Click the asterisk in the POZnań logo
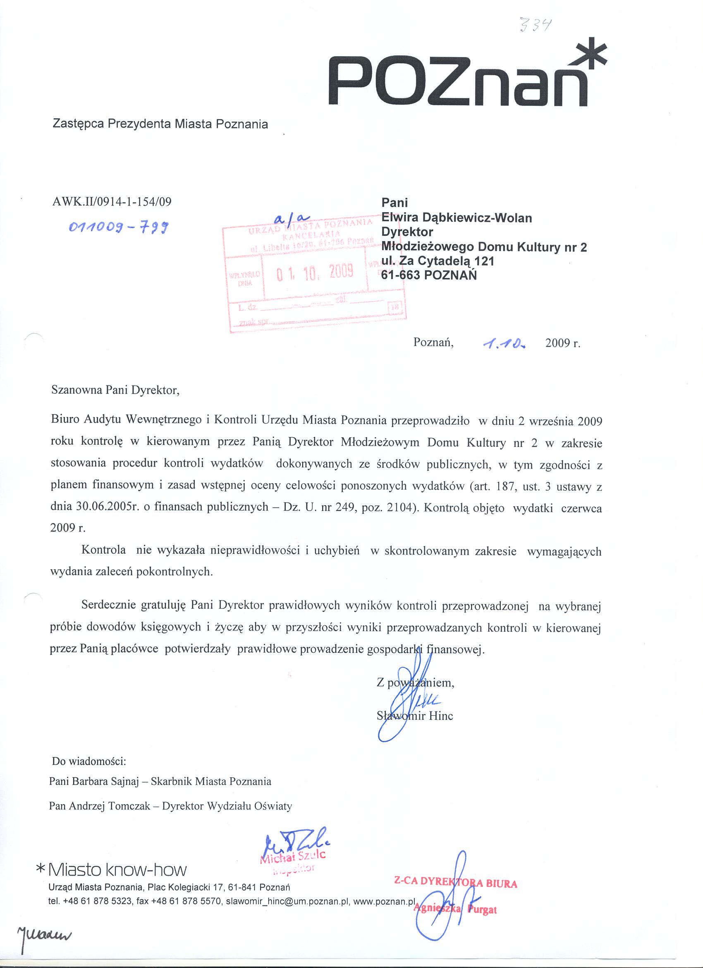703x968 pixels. click(591, 59)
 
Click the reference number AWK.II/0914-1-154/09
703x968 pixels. click(111, 202)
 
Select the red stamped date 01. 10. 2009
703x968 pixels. click(315, 271)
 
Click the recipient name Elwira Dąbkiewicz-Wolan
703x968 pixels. click(457, 218)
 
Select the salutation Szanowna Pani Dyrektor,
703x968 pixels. click(115, 391)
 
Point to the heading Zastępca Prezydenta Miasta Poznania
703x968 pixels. click(160, 124)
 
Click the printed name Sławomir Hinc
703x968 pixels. click(415, 716)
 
